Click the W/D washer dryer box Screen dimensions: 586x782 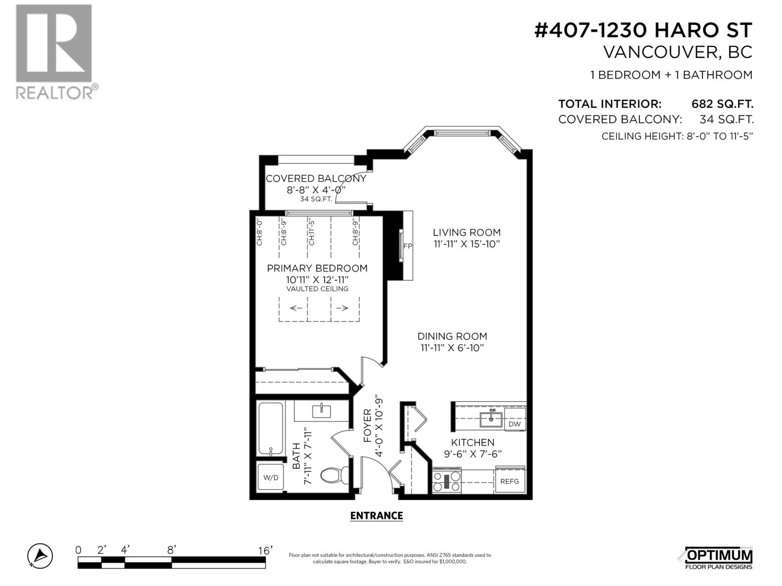click(x=271, y=477)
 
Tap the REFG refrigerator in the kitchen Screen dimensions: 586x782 click(x=509, y=481)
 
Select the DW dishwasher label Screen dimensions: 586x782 click(x=514, y=424)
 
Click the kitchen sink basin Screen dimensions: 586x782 click(x=491, y=419)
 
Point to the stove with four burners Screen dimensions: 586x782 click(x=447, y=481)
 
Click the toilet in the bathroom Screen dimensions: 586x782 click(x=335, y=475)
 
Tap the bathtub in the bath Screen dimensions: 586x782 click(x=270, y=429)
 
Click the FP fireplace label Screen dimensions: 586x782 click(x=408, y=246)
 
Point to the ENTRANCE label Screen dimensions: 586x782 click(x=376, y=516)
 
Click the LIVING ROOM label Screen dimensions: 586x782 click(x=467, y=232)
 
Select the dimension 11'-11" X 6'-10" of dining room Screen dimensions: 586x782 click(x=452, y=348)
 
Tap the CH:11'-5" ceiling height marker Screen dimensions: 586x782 click(x=311, y=232)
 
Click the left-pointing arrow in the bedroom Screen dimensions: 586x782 click(x=296, y=308)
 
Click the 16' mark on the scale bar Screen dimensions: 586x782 click(x=265, y=551)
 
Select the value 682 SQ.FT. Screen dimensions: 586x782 click(x=722, y=104)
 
